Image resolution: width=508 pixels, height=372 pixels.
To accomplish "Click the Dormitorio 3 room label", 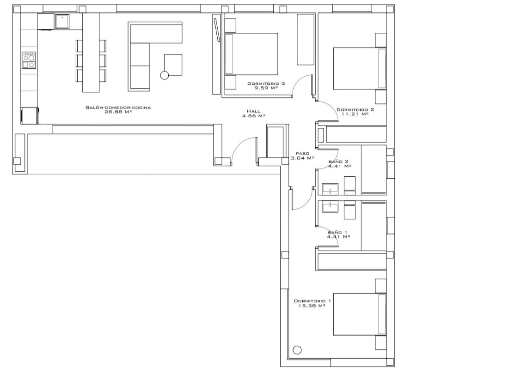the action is pos(266,84).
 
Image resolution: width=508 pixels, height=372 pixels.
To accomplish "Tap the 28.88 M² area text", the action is pos(118,112).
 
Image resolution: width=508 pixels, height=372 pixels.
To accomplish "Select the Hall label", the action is pos(253,111).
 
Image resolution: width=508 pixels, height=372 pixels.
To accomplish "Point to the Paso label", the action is pos(303,153).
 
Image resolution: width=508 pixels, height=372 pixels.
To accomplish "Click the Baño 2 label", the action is pos(338,162).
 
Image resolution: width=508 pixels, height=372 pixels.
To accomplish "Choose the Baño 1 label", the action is pos(337,232).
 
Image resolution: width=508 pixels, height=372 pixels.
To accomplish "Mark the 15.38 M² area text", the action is pos(312,306).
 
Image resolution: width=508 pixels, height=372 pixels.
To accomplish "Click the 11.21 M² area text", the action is pos(355,114).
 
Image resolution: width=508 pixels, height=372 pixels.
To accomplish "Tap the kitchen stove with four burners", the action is pos(29,60).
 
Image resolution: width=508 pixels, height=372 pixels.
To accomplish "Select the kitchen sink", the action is pos(62,21).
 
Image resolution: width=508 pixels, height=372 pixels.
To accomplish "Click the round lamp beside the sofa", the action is pos(165,75).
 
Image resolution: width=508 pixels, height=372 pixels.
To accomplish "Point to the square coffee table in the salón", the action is pos(173,65).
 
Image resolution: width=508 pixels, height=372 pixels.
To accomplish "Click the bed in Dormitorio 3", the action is pos(251,54).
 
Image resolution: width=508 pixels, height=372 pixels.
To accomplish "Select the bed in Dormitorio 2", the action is pos(360,69).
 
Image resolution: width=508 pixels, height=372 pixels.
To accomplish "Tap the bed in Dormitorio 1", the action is pos(360,314).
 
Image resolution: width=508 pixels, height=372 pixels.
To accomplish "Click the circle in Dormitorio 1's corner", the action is pos(297,350).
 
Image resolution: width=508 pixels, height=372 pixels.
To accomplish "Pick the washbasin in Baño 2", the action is pos(330,189).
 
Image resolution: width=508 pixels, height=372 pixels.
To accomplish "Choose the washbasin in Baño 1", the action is pos(330,206).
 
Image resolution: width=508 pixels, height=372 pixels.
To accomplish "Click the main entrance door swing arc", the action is pos(240,144).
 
